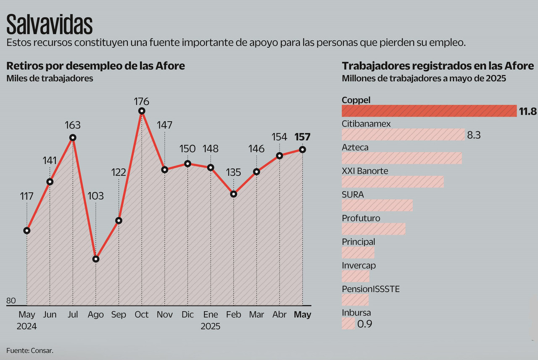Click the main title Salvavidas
(50, 24)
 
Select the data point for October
(142, 111)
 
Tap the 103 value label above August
(96, 196)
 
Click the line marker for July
(73, 138)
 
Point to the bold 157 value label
(302, 137)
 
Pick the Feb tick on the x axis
(234, 315)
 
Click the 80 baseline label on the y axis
(11, 301)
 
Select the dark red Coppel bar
(429, 111)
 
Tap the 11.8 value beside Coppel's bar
(528, 111)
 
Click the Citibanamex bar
(403, 135)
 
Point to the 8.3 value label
(474, 135)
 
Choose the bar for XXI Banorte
(393, 182)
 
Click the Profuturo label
(361, 218)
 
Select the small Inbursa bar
(348, 323)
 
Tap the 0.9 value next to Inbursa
(364, 324)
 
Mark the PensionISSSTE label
(371, 289)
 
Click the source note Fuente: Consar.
(30, 350)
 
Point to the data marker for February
(234, 194)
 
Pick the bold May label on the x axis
(302, 315)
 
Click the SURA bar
(377, 205)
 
